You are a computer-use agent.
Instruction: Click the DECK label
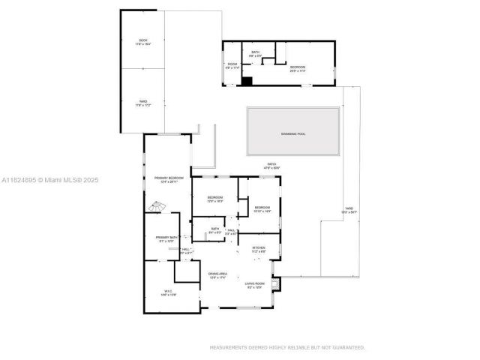[x=142, y=40]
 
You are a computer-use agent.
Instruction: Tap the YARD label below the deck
[x=142, y=102]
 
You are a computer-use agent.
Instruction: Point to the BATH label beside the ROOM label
[x=256, y=52]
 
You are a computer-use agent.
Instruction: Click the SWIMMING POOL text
[x=293, y=134]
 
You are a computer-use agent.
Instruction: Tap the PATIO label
[x=271, y=164]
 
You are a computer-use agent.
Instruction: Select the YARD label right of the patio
[x=349, y=209]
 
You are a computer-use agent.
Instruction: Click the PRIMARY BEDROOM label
[x=169, y=178]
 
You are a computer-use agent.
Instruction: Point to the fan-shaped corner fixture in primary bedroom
[x=157, y=206]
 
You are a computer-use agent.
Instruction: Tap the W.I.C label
[x=168, y=292]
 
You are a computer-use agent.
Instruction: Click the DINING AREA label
[x=217, y=274]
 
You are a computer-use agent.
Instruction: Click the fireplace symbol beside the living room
[x=277, y=283]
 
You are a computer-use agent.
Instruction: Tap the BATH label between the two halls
[x=214, y=229]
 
